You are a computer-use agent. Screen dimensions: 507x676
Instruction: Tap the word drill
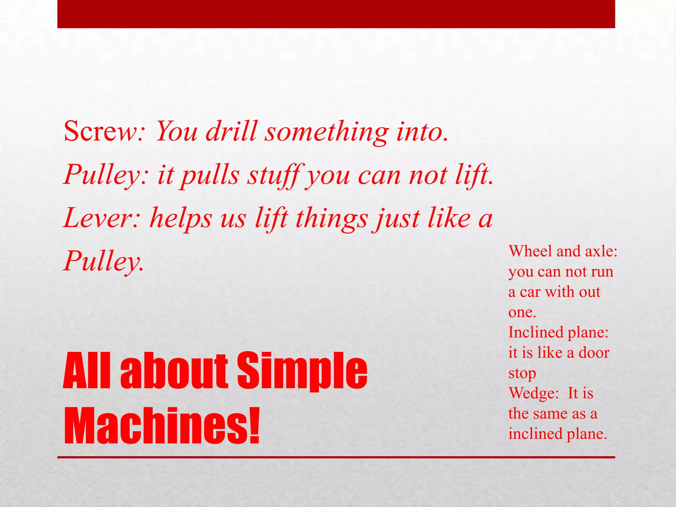point(231,131)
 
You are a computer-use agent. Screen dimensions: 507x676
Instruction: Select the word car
point(530,292)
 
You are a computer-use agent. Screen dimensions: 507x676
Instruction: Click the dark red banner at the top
point(336,14)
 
